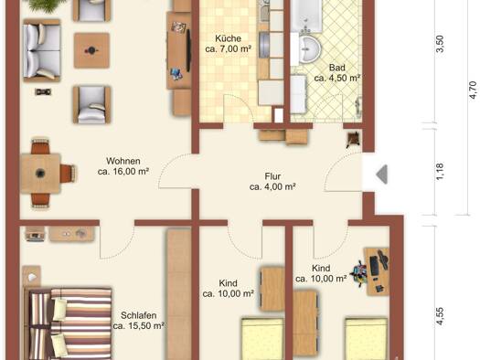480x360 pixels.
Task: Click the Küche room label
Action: [228, 38]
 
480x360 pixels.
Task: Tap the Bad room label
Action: [337, 68]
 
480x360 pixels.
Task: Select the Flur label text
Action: [272, 176]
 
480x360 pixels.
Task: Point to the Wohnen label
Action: [123, 161]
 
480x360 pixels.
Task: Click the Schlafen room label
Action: [139, 315]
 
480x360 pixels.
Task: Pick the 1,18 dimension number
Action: [440, 172]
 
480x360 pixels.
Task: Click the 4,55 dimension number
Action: [440, 316]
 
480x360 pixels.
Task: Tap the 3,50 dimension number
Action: [440, 44]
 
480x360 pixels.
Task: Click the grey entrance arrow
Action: [382, 175]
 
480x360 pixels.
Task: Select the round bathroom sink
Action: [309, 49]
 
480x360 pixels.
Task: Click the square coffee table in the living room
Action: [91, 50]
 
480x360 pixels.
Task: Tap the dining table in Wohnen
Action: [40, 174]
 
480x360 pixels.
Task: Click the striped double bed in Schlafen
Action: [69, 323]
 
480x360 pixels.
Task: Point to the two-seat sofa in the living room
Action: [42, 50]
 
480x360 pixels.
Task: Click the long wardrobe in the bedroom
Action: [179, 293]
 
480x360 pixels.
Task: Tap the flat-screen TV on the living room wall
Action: [188, 51]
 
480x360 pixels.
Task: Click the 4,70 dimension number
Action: [473, 90]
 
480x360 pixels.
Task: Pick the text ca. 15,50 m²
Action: [139, 326]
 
